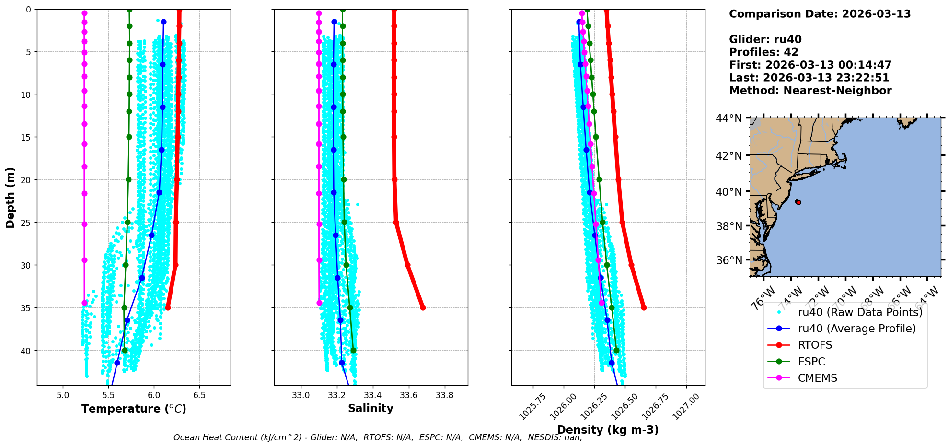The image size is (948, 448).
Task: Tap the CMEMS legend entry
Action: click(x=817, y=378)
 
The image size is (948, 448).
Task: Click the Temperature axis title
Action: click(x=134, y=409)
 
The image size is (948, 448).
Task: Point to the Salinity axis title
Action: click(x=370, y=408)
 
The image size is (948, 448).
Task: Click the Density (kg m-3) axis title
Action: click(x=608, y=430)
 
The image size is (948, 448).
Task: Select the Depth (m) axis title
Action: click(x=11, y=197)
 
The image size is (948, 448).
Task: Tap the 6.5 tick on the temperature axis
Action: click(x=199, y=395)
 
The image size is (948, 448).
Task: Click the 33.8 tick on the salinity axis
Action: click(x=444, y=395)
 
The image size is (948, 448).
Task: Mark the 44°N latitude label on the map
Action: click(x=728, y=118)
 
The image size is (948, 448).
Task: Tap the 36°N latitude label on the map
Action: click(x=728, y=260)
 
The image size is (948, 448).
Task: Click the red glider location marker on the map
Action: click(x=798, y=202)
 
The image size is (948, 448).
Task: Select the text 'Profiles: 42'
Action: click(x=763, y=52)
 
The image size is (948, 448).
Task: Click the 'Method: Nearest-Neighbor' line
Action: click(x=810, y=91)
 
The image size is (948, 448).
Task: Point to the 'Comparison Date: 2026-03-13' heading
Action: click(x=820, y=14)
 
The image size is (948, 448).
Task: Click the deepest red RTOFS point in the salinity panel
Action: click(x=423, y=307)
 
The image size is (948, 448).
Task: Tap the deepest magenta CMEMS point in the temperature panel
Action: click(x=84, y=303)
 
